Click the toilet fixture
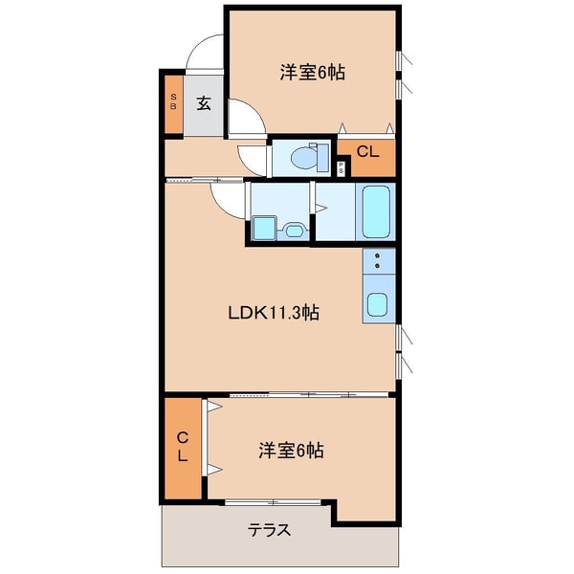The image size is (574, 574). [303, 157]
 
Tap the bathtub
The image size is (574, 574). [376, 211]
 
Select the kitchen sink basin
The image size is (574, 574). [377, 306]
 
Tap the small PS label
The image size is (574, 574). [342, 168]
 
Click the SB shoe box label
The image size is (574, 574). [173, 101]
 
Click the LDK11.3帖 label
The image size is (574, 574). [273, 313]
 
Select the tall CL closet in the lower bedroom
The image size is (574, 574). [182, 447]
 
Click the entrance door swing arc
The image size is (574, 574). [204, 54]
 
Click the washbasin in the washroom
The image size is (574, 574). [295, 230]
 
